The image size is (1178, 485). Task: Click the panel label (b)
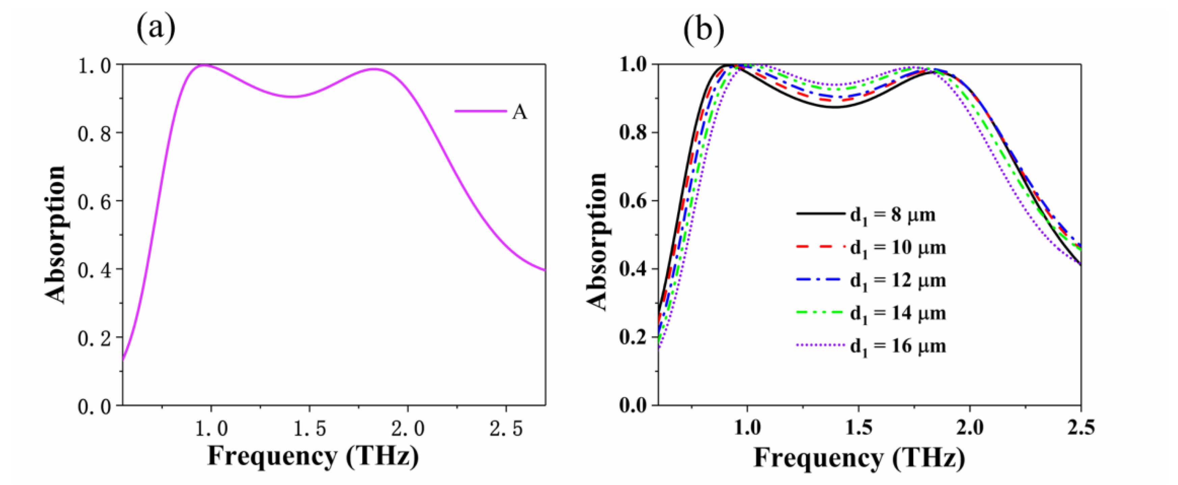pyautogui.click(x=703, y=28)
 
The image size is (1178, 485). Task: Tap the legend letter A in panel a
pyautogui.click(x=519, y=112)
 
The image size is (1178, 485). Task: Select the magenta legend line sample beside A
pyautogui.click(x=480, y=111)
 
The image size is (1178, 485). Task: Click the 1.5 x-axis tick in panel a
pyautogui.click(x=309, y=429)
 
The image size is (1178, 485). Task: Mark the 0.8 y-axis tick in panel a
pyautogui.click(x=95, y=133)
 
